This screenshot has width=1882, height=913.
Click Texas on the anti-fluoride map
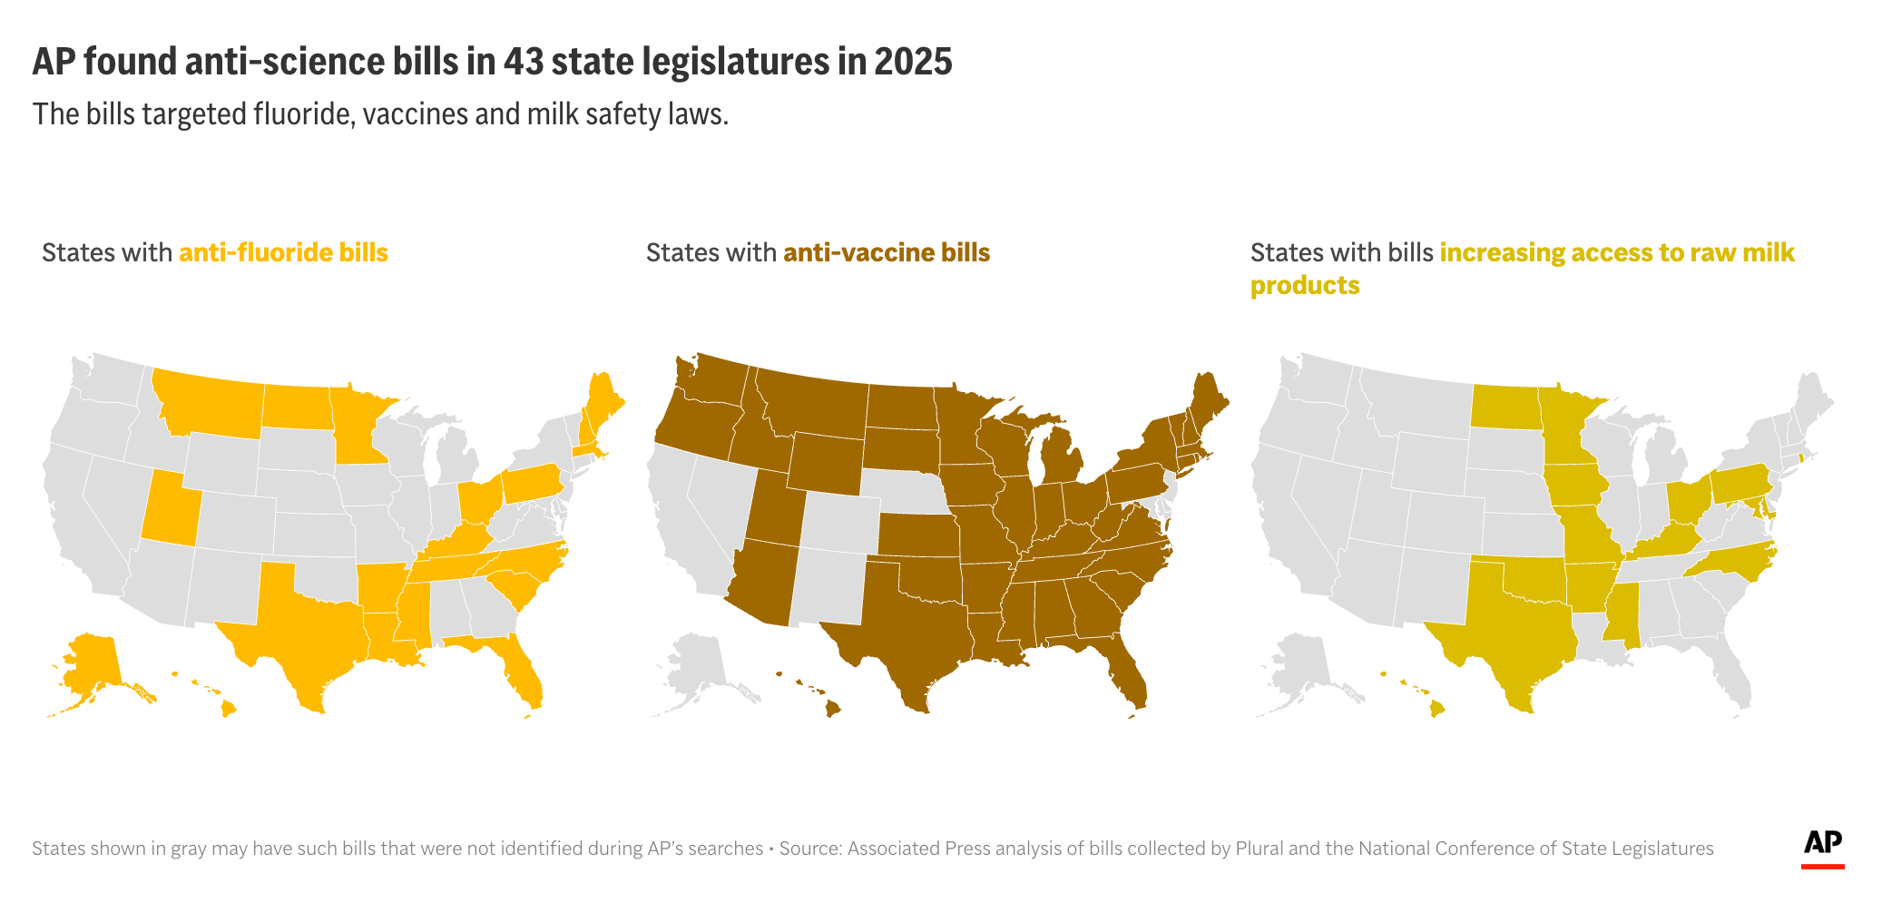click(x=304, y=626)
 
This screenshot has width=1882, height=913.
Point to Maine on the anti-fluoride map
click(x=599, y=404)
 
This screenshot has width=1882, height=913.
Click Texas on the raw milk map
click(x=1511, y=626)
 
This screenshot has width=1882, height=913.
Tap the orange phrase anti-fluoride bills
click(x=283, y=252)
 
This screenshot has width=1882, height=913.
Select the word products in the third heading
click(x=1304, y=285)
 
